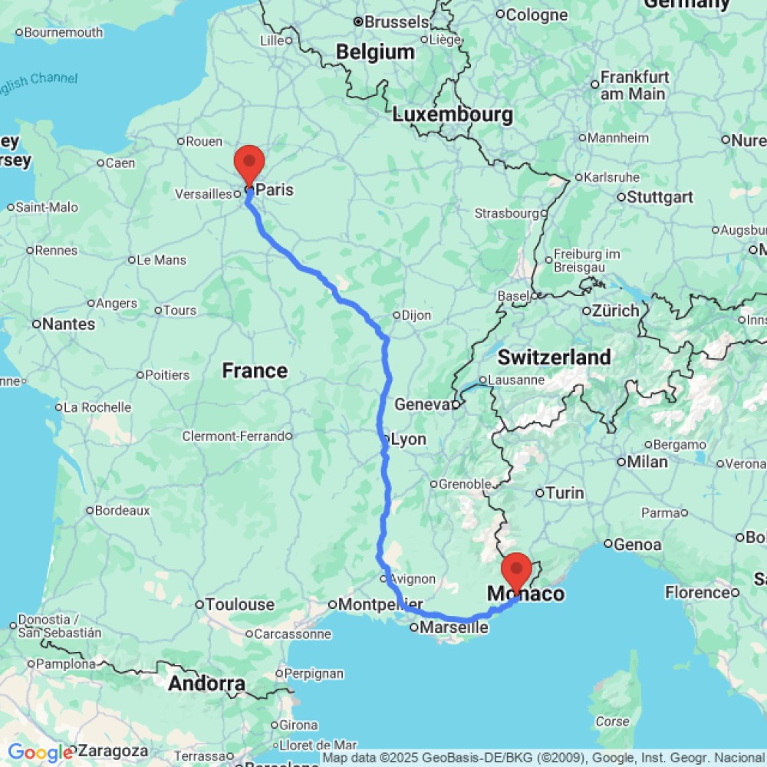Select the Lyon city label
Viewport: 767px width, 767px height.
click(408, 440)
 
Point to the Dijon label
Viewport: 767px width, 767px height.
click(416, 315)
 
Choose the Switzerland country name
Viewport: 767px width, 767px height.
click(554, 357)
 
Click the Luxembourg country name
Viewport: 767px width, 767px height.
click(452, 115)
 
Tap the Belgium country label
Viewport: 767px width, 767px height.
click(376, 52)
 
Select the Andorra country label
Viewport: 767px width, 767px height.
click(207, 683)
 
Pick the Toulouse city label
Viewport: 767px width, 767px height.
click(240, 605)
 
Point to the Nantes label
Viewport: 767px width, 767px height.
click(69, 324)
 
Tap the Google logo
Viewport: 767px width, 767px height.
click(40, 752)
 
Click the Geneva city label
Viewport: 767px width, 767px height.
click(421, 404)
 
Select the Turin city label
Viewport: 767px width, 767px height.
click(565, 493)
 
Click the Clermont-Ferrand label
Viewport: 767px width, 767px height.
click(232, 436)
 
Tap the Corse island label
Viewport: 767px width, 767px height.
click(613, 721)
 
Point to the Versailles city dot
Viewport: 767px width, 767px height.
click(238, 195)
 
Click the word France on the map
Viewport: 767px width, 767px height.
click(255, 371)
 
